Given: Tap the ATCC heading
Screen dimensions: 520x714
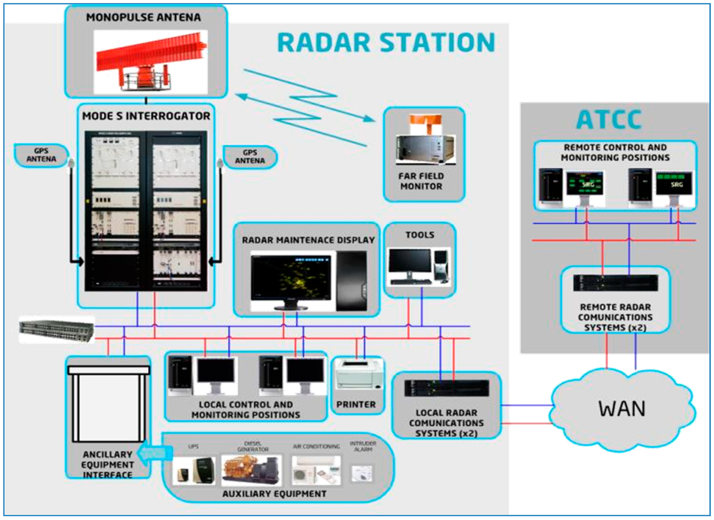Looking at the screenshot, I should pyautogui.click(x=609, y=120).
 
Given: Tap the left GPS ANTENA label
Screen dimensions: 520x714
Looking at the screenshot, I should pyautogui.click(x=41, y=155).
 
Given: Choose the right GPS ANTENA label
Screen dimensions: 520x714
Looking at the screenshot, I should pyautogui.click(x=250, y=157).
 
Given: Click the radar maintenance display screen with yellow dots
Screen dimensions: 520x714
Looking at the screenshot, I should pyautogui.click(x=291, y=277).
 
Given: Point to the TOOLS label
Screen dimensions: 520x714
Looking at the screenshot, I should pyautogui.click(x=420, y=235).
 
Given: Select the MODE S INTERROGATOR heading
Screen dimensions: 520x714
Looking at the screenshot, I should pyautogui.click(x=146, y=116).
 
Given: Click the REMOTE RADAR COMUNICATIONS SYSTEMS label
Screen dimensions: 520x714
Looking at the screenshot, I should pyautogui.click(x=615, y=317).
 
